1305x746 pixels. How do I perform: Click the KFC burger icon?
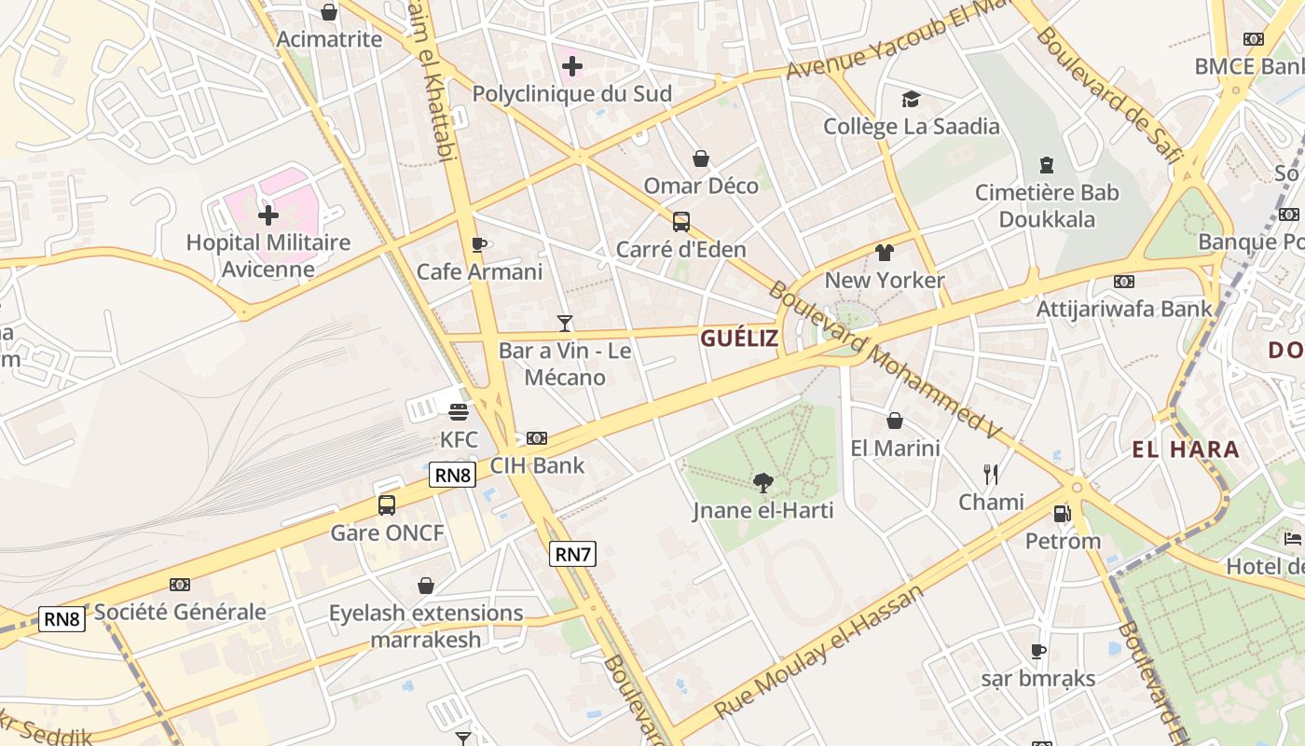point(458,411)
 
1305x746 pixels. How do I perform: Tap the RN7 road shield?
point(572,554)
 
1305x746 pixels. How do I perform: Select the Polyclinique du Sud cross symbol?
point(572,66)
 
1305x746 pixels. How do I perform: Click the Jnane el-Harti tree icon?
point(763,482)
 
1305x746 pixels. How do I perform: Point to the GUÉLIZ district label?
point(739,338)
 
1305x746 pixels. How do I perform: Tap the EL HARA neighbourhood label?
point(1186,449)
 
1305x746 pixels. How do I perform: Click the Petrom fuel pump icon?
point(1062,513)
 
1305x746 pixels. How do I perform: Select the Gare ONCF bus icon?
point(387,505)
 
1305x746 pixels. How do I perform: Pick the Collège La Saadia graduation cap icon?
point(911,99)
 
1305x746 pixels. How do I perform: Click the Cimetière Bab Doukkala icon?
point(1046,165)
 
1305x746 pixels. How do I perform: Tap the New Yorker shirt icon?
point(884,253)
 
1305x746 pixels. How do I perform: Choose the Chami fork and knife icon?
point(991,475)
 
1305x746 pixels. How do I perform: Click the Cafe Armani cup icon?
point(479,244)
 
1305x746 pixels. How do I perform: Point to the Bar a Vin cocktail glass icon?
point(564,324)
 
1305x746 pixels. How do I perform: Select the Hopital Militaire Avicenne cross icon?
point(268,215)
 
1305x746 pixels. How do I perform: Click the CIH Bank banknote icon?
point(537,437)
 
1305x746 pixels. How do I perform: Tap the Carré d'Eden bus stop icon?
point(681,222)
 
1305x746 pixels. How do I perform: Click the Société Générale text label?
point(180,613)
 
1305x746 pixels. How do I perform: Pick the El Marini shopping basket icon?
point(895,421)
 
